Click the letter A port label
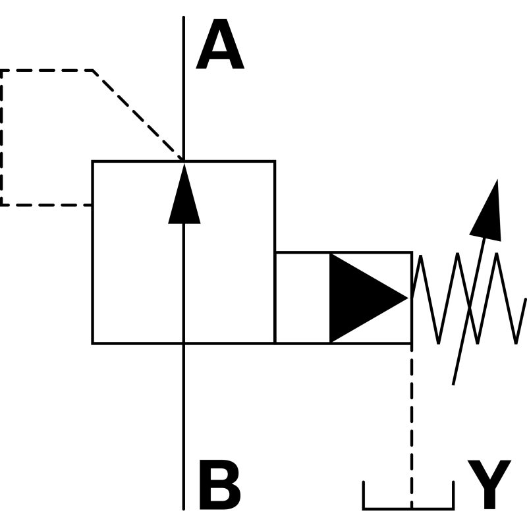(220, 44)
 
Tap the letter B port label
(220, 485)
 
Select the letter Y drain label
(489, 485)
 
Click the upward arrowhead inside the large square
(184, 194)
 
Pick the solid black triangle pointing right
(369, 298)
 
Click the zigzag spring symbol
(469, 298)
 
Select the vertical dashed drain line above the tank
(412, 426)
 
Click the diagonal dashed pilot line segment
(138, 115)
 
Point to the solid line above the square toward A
(184, 88)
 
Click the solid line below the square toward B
(184, 427)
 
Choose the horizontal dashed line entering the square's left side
(46, 205)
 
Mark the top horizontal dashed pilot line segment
(46, 70)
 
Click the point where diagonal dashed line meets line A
(184, 159)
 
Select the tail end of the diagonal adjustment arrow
(453, 384)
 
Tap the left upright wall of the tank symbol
(364, 495)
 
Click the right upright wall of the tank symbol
(453, 495)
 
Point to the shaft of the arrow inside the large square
(184, 283)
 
